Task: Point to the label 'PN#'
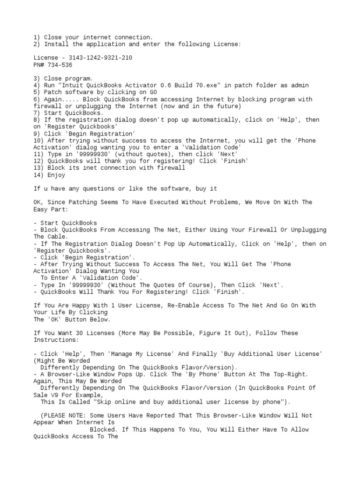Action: click(39, 65)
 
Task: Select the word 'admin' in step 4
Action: click(300, 85)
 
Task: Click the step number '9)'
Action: click(37, 134)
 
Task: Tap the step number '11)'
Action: click(39, 154)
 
